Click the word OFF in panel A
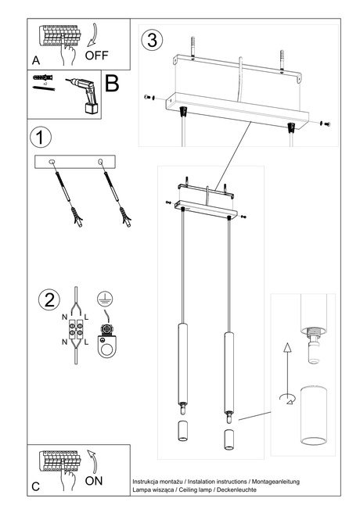(97, 56)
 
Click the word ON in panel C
(94, 481)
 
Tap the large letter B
(112, 84)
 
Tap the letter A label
(36, 60)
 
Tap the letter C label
(36, 486)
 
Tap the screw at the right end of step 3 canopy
(326, 124)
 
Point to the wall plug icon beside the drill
(44, 79)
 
